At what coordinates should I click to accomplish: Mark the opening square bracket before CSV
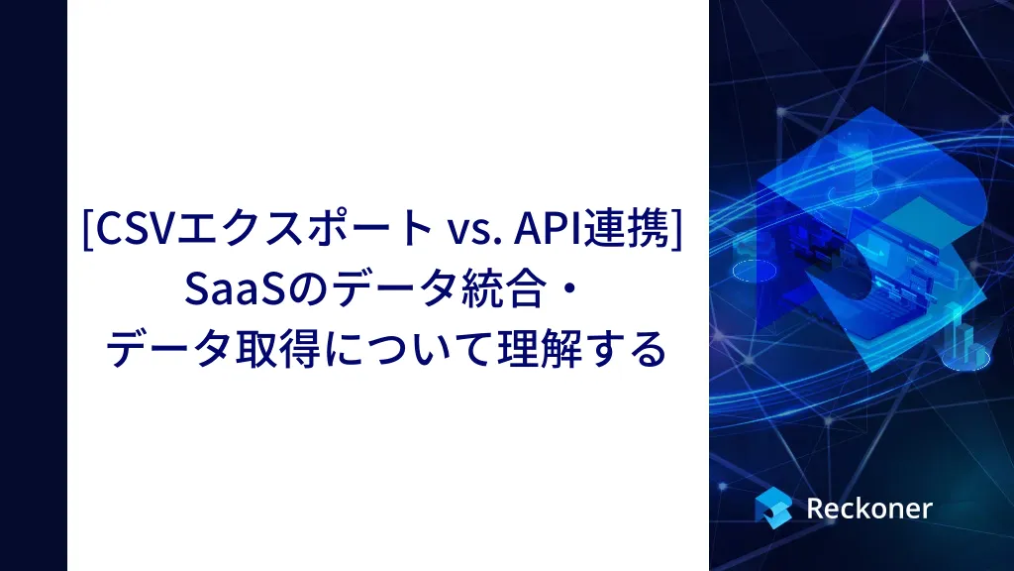pos(88,229)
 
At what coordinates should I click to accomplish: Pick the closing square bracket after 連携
pos(675,229)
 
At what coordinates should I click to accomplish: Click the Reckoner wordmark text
pos(869,509)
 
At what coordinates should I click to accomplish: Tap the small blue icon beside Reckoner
pos(773,508)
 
